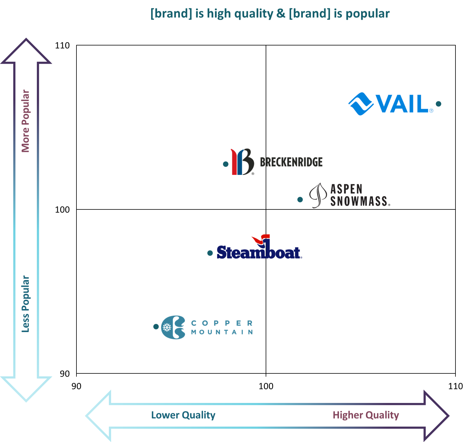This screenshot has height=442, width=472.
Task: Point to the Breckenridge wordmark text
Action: pyautogui.click(x=291, y=162)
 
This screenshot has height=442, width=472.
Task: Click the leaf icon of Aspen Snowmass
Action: pyautogui.click(x=318, y=195)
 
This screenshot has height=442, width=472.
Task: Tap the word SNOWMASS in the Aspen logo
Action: pyautogui.click(x=360, y=202)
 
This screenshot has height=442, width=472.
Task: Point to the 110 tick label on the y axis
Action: pyautogui.click(x=62, y=45)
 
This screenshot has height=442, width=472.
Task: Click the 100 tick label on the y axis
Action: pyautogui.click(x=62, y=209)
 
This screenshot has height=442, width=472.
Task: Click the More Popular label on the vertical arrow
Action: pyautogui.click(x=30, y=120)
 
